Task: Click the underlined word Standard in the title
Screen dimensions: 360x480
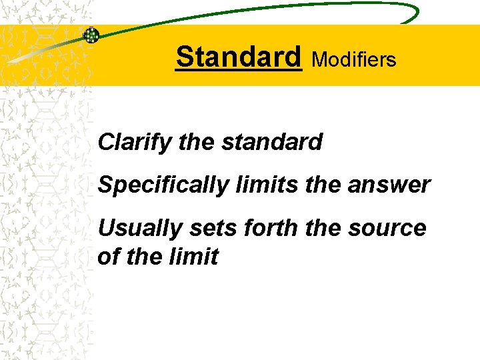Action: [239, 57]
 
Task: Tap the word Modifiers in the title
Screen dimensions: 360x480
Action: [354, 60]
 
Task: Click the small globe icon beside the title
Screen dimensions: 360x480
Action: [91, 35]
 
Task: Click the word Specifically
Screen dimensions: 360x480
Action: [162, 185]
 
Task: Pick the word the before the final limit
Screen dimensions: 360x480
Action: [146, 257]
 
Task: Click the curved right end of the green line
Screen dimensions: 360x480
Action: [415, 13]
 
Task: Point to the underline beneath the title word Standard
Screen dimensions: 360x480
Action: [239, 70]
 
